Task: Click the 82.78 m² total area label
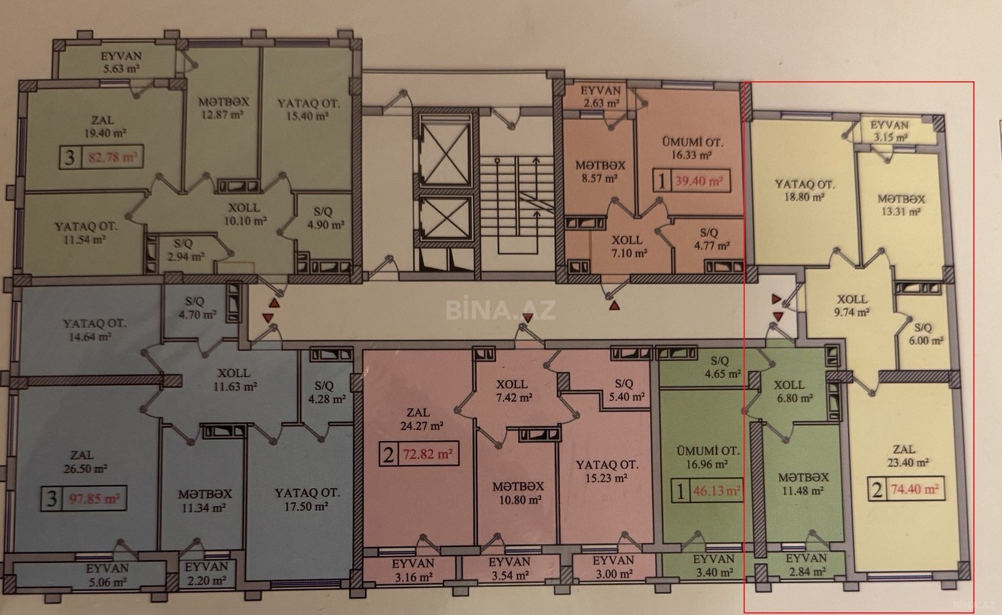(x=113, y=157)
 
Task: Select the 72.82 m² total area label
(x=428, y=454)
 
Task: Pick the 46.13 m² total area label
(x=717, y=491)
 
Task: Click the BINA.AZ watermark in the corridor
(x=500, y=309)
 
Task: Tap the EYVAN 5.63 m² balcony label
(x=121, y=63)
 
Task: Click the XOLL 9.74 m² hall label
(x=852, y=306)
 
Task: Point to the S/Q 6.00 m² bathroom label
(x=926, y=334)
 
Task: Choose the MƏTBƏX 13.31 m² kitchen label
(x=901, y=205)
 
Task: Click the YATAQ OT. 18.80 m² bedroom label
(x=804, y=190)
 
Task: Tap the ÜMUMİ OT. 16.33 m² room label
(x=692, y=149)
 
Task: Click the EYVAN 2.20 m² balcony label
(x=206, y=574)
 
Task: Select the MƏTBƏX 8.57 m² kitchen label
(x=600, y=172)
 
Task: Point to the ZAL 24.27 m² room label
(x=420, y=419)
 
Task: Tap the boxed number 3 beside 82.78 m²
(x=70, y=157)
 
